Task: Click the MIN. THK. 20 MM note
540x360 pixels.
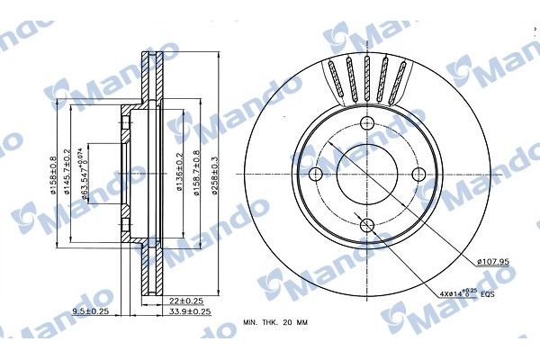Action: pyautogui.click(x=282, y=321)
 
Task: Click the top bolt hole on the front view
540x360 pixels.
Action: pyautogui.click(x=367, y=124)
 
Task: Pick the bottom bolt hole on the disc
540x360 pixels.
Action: pyautogui.click(x=367, y=226)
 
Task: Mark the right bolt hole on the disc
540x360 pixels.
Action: pyautogui.click(x=418, y=175)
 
